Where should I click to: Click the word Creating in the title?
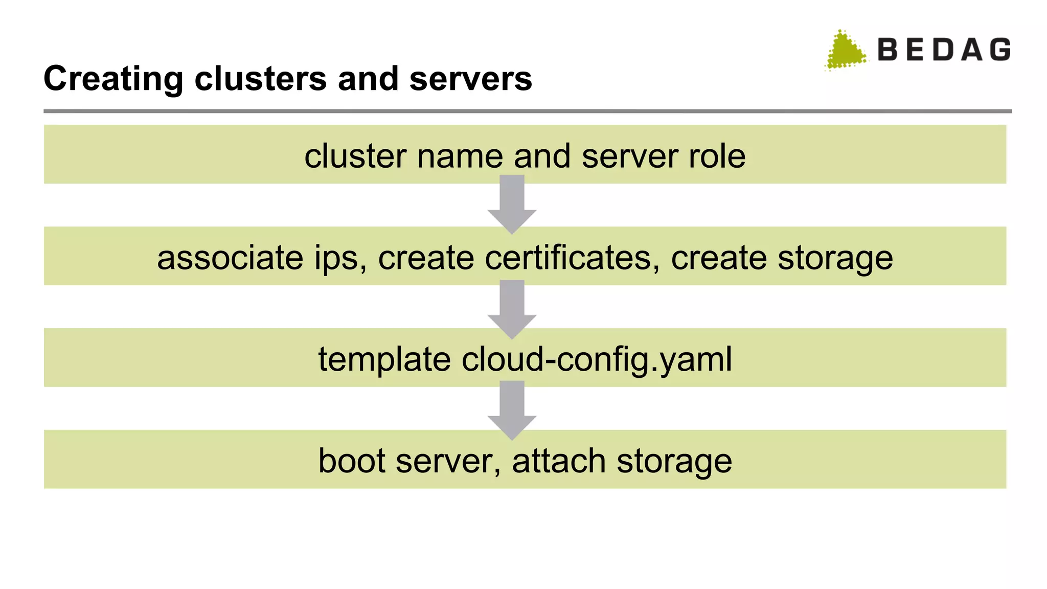point(113,79)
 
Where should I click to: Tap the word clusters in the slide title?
point(260,79)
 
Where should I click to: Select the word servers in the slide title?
point(470,79)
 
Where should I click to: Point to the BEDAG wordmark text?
point(944,50)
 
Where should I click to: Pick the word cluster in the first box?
point(355,156)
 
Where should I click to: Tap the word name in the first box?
point(460,156)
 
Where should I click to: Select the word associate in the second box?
point(230,258)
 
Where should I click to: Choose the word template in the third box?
point(384,359)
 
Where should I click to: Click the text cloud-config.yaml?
point(597,359)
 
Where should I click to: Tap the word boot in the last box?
point(351,461)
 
